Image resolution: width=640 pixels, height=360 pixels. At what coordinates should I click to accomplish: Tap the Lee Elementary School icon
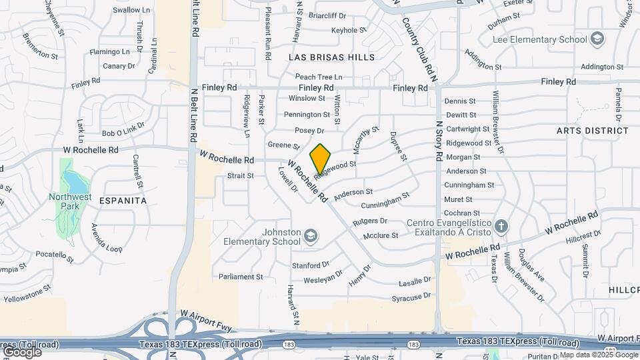597,39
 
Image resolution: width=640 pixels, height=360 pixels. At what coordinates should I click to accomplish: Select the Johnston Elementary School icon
311,236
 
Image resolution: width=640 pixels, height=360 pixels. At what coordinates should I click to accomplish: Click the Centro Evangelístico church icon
502,226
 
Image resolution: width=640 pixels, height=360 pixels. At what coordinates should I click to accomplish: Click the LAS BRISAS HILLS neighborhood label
331,57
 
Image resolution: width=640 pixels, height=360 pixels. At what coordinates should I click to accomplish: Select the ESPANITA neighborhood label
123,199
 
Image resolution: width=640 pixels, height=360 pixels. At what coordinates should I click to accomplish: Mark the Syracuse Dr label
411,295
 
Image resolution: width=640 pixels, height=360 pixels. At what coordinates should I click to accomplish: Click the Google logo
21,351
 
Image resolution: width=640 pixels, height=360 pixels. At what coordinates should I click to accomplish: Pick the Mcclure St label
381,235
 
